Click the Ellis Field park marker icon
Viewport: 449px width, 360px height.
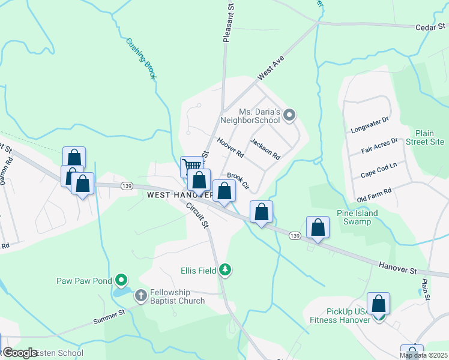click(x=225, y=271)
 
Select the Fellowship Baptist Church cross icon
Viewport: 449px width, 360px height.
click(x=140, y=295)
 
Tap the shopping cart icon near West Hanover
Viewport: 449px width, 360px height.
click(x=191, y=166)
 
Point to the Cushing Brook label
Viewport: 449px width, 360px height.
click(x=141, y=59)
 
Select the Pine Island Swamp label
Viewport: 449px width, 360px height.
click(x=357, y=217)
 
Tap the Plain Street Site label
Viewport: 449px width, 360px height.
click(x=429, y=137)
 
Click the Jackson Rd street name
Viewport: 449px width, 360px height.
click(x=265, y=149)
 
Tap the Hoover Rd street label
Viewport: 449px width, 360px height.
click(x=231, y=148)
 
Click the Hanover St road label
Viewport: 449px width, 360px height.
click(x=398, y=267)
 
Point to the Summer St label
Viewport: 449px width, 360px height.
click(x=109, y=317)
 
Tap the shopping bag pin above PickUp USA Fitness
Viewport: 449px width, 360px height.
click(x=379, y=304)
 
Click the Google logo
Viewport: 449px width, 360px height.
click(x=20, y=353)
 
